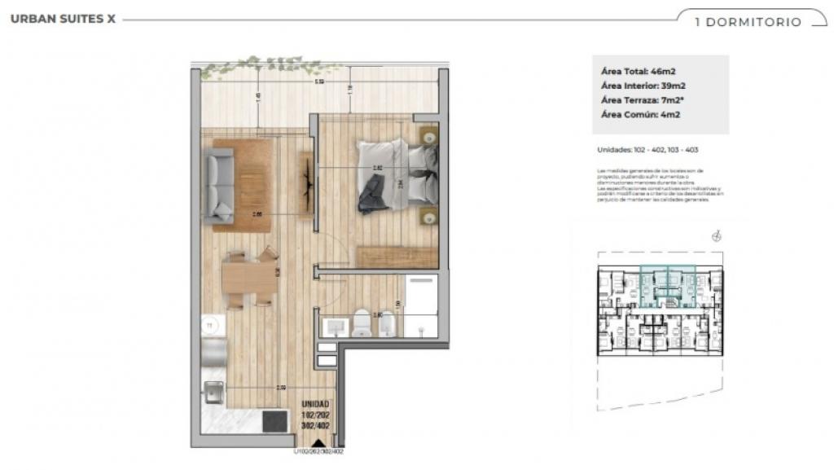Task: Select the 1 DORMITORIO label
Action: click(x=748, y=22)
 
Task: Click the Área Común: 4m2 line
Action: click(x=640, y=115)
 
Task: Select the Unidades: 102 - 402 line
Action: click(x=648, y=150)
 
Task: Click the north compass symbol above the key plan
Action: click(x=717, y=237)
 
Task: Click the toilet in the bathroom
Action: click(x=362, y=325)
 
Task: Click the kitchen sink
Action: click(x=214, y=393)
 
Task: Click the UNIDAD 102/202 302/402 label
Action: click(x=316, y=415)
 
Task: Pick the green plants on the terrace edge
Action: click(x=269, y=65)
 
